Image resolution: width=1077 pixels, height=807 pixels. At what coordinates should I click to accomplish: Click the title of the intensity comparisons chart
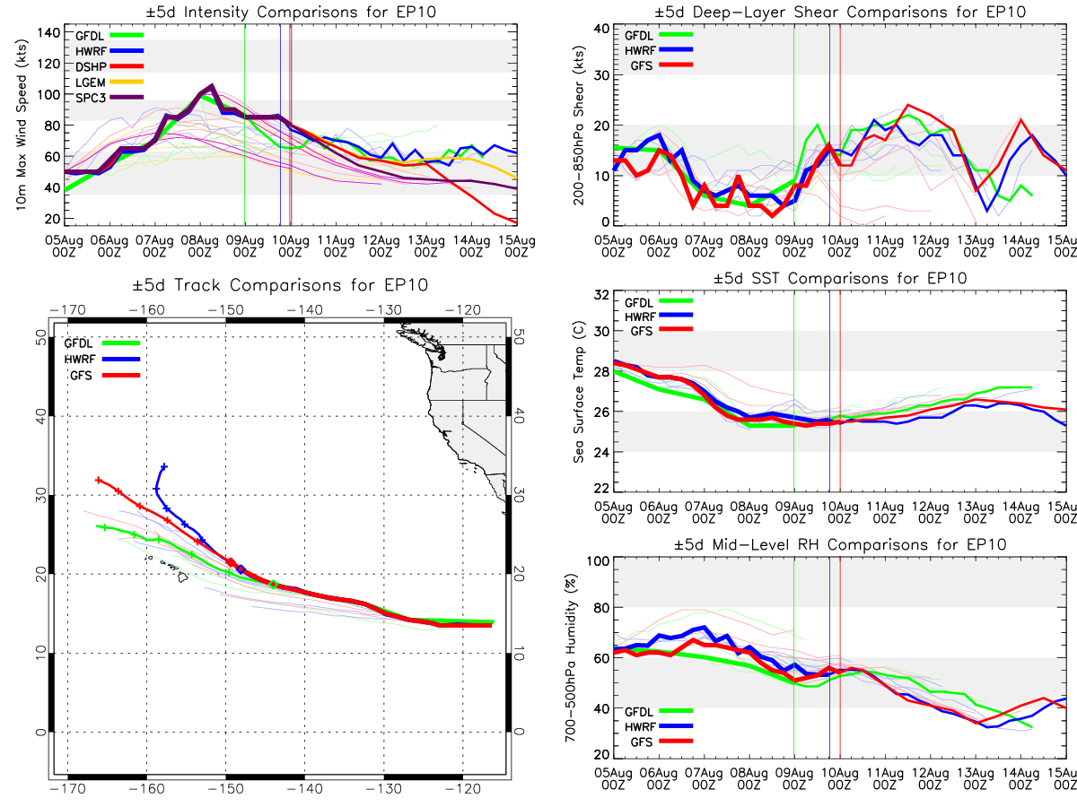pyautogui.click(x=291, y=12)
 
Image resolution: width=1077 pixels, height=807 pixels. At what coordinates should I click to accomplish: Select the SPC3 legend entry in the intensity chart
pyautogui.click(x=109, y=98)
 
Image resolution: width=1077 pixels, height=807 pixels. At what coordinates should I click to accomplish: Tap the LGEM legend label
pyautogui.click(x=91, y=82)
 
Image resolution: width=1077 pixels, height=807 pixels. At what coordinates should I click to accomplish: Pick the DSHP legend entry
pyautogui.click(x=109, y=66)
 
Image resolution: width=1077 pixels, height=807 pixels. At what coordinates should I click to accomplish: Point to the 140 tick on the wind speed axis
pyautogui.click(x=48, y=33)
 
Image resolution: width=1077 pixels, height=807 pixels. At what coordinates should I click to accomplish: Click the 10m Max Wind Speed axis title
pyautogui.click(x=22, y=125)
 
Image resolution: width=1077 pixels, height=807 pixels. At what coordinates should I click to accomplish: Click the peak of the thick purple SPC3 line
pyautogui.click(x=212, y=86)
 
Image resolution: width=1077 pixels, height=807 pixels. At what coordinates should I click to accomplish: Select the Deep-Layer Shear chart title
pyautogui.click(x=840, y=12)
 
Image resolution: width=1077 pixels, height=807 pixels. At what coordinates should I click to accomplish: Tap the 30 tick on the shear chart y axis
pyautogui.click(x=601, y=75)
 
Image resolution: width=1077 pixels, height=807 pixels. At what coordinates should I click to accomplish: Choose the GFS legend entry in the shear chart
pyautogui.click(x=661, y=65)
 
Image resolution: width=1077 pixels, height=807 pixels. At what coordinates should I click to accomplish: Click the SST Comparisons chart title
pyautogui.click(x=840, y=278)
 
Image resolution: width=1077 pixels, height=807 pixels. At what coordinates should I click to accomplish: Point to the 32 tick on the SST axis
pyautogui.click(x=601, y=295)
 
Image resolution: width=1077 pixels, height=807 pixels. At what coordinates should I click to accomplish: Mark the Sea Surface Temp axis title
pyautogui.click(x=579, y=392)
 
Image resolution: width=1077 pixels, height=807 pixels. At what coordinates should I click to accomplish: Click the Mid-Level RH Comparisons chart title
pyautogui.click(x=840, y=544)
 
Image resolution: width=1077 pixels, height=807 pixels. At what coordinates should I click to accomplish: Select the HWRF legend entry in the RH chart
pyautogui.click(x=659, y=726)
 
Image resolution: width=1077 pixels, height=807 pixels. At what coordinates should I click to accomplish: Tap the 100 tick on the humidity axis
pyautogui.click(x=598, y=561)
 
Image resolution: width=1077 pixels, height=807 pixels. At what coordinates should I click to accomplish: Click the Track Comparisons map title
pyautogui.click(x=280, y=284)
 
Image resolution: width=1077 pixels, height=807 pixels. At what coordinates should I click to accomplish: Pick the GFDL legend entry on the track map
pyautogui.click(x=102, y=343)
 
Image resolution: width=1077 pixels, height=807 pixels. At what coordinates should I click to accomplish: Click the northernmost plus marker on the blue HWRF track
pyautogui.click(x=164, y=466)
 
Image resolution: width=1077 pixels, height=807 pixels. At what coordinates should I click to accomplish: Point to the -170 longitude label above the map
pyautogui.click(x=67, y=309)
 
